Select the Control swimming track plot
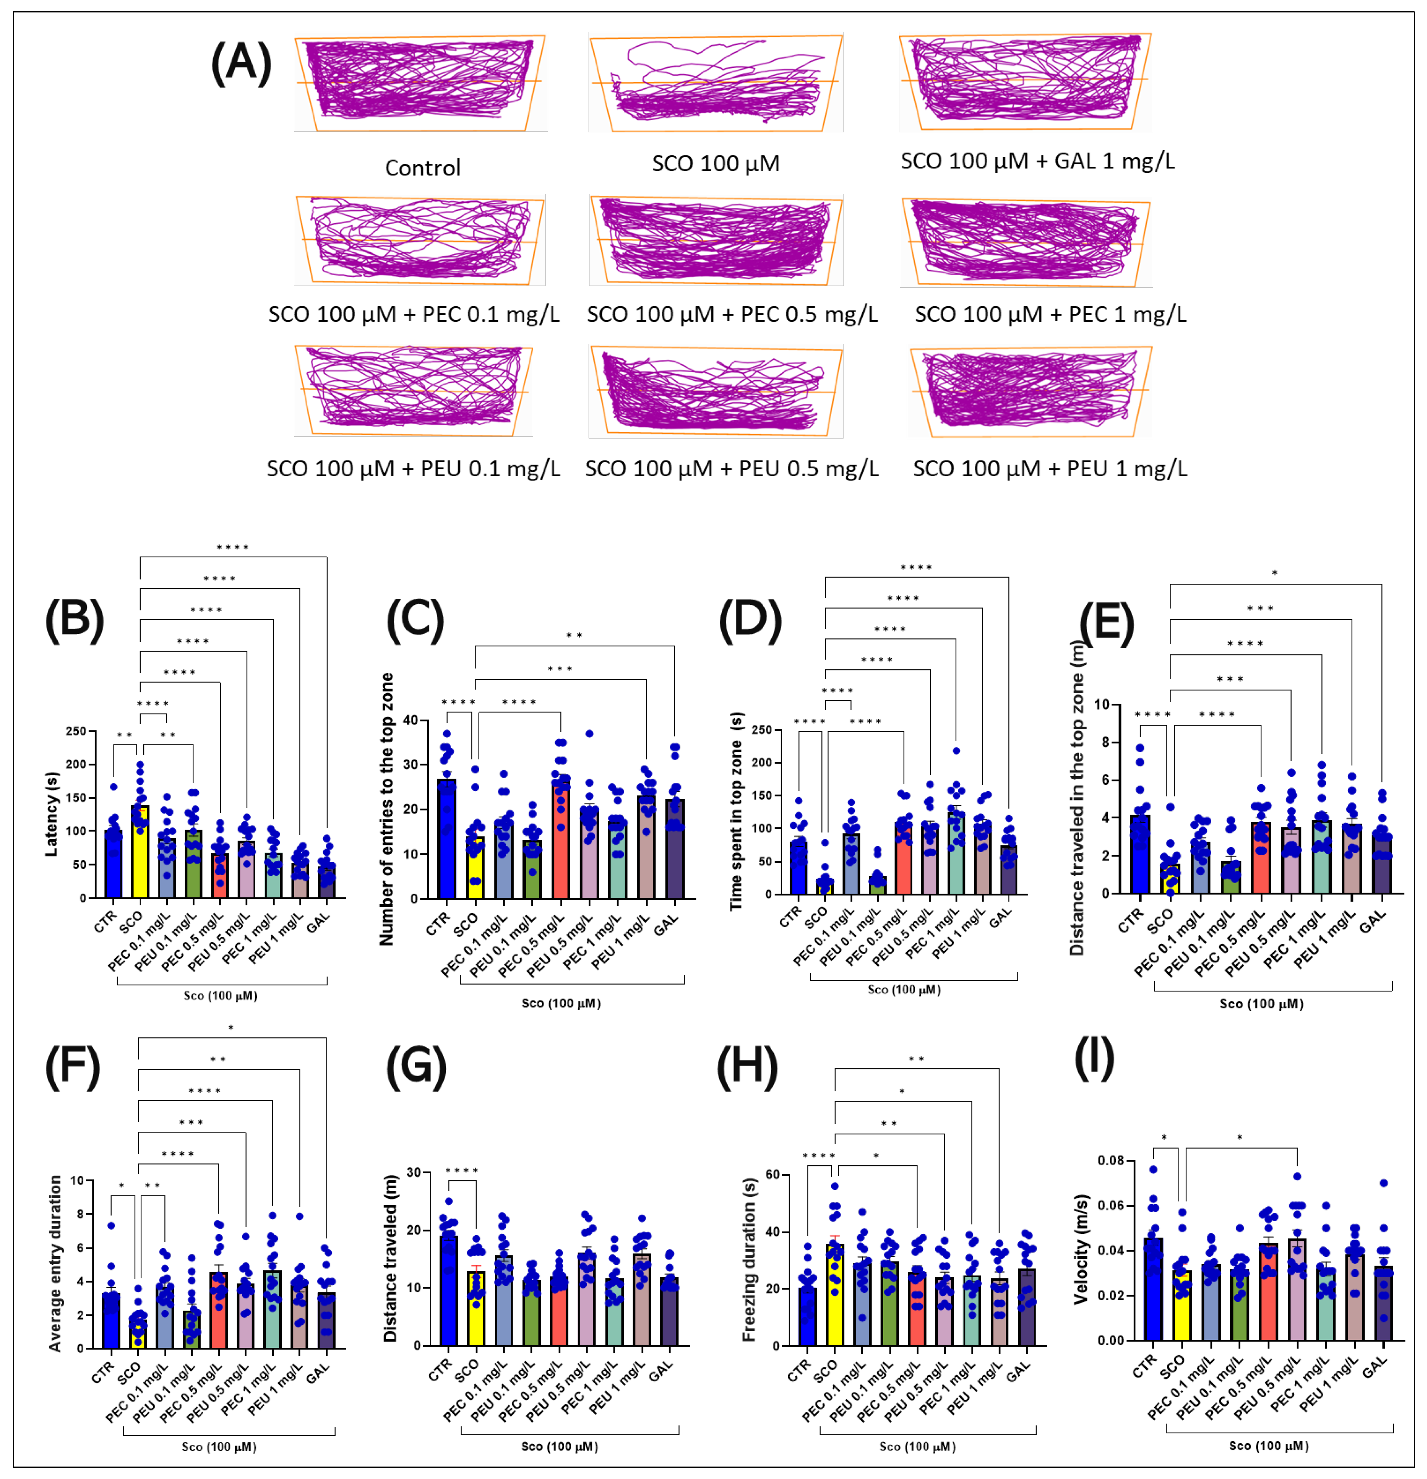420,81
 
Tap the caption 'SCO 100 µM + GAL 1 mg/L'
1037,161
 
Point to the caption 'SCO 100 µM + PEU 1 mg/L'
1050,469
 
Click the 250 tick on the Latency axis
75,731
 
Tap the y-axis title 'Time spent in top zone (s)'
736,811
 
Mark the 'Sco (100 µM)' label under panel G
559,1447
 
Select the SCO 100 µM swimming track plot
715,81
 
